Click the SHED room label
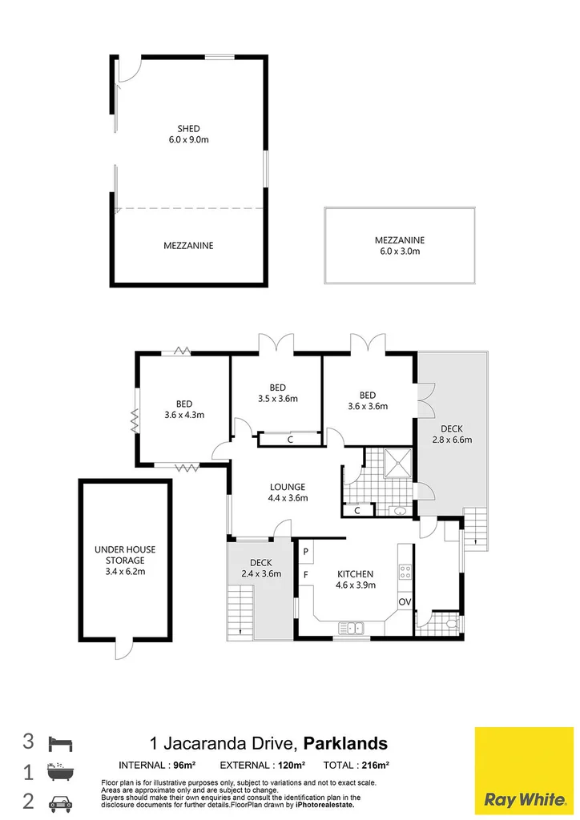click(188, 128)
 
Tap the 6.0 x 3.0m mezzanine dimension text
click(400, 251)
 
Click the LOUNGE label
click(288, 487)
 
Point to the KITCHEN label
click(355, 573)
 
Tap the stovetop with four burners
click(405, 571)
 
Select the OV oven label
click(405, 602)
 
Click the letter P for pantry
click(306, 552)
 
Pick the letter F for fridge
click(306, 575)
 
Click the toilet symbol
click(453, 623)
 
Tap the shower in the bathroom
click(399, 463)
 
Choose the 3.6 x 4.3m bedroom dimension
click(184, 416)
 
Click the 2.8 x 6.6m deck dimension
click(452, 440)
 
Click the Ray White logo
click(524, 771)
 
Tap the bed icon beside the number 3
click(60, 744)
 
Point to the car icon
click(60, 802)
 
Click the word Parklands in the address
click(346, 743)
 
